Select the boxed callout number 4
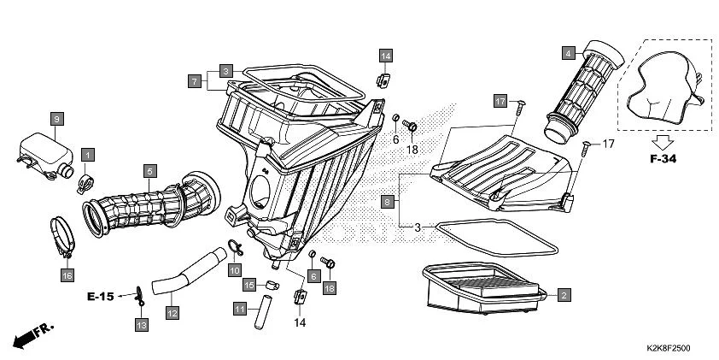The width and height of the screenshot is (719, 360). pos(568,53)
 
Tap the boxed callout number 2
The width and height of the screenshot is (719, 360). pos(563,295)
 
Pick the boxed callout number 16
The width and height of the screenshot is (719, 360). pos(67,275)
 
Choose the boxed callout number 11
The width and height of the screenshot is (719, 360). pos(241,308)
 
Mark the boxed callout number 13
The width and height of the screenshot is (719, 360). pos(141,324)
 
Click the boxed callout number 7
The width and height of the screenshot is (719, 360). pos(196,81)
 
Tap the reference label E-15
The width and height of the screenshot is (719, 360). pos(101,297)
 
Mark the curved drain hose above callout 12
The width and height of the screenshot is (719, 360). pos(181,268)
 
